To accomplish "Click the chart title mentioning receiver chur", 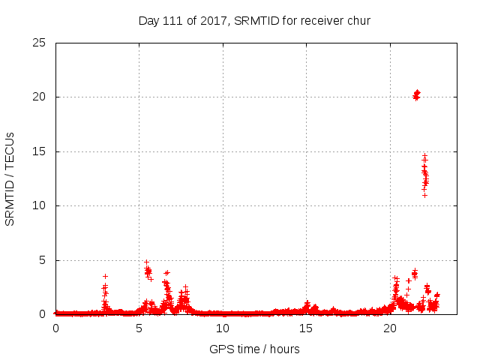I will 255,20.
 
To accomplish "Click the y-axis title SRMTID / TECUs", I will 10,178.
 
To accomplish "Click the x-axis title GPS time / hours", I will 255,349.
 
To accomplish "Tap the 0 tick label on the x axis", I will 55,328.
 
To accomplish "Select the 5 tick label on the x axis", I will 139,328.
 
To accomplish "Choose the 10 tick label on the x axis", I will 223,328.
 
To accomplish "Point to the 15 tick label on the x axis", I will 306,328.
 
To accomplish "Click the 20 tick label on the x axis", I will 390,328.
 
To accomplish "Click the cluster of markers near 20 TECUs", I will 416,94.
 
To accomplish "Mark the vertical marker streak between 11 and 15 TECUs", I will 424,175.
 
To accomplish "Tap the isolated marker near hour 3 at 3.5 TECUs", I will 105,276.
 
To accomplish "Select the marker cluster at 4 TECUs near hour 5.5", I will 148,270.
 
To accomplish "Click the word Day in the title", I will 148,20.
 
